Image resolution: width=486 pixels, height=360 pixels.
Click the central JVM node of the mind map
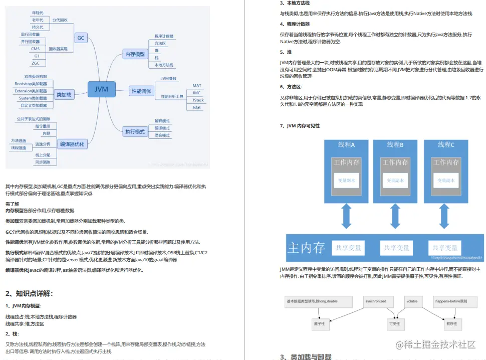coord(101,90)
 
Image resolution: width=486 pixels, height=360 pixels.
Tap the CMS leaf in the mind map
coord(36,49)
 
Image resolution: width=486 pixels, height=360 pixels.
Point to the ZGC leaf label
coord(36,63)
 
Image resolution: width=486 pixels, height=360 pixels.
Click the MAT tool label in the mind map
coord(197,86)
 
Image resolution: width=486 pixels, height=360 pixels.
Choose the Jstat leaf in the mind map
coord(197,107)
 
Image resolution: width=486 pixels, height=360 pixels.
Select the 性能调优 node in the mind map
coord(141,91)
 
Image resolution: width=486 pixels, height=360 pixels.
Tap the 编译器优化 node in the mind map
coord(72,144)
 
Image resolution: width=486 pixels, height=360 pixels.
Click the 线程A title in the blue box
coord(346,145)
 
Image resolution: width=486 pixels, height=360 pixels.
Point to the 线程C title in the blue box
coord(446,145)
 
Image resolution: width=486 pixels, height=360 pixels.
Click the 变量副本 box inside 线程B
coord(396,180)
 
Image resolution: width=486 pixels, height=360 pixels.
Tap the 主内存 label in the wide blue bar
coord(306,247)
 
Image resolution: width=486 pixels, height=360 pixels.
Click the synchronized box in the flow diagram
coord(376,302)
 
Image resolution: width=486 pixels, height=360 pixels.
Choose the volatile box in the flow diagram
coord(412,302)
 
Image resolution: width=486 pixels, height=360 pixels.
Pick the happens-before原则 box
coord(451,302)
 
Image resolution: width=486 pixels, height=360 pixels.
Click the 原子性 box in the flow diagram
coord(319,324)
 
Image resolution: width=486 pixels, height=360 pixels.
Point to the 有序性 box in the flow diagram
coord(451,324)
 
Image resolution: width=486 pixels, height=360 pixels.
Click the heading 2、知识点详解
coord(29,293)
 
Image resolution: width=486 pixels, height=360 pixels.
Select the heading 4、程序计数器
coord(295,24)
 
